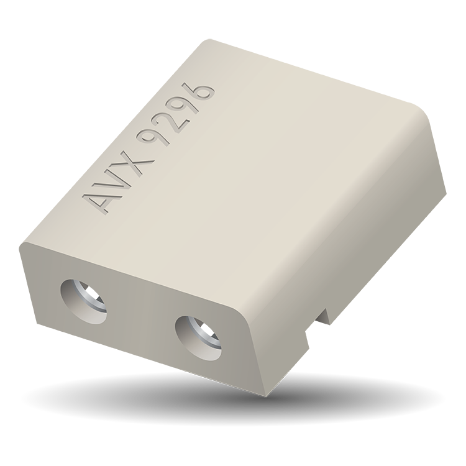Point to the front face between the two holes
point(140,320)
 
